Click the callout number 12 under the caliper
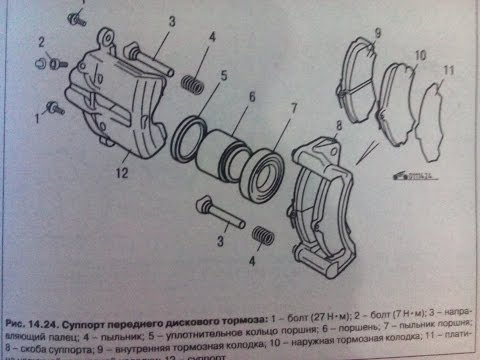(x=121, y=173)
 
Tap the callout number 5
(x=223, y=75)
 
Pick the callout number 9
(x=377, y=33)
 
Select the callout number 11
(x=449, y=71)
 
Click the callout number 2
(x=42, y=41)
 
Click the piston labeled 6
(x=228, y=154)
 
